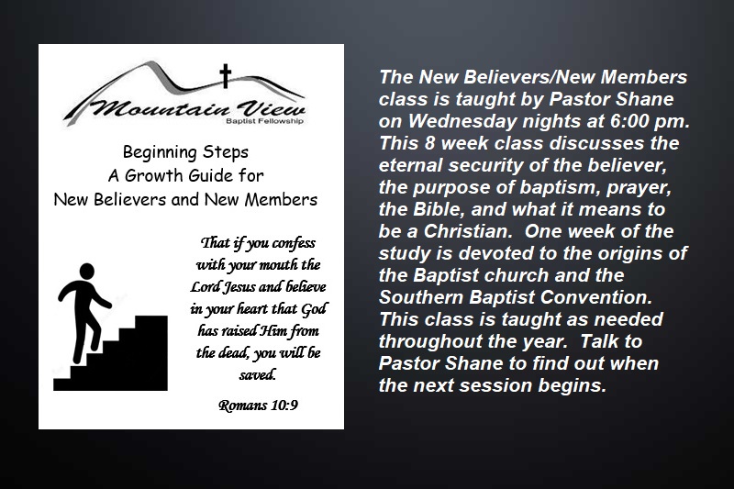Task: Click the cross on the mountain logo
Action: coord(226,76)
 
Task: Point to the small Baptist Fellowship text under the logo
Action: coord(264,121)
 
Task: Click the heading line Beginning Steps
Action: coord(186,152)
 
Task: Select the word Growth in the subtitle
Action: coord(155,175)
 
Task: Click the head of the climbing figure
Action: coord(86,271)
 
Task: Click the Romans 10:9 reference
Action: coord(258,406)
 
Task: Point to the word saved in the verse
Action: coord(258,375)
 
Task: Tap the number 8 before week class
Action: coord(430,143)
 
